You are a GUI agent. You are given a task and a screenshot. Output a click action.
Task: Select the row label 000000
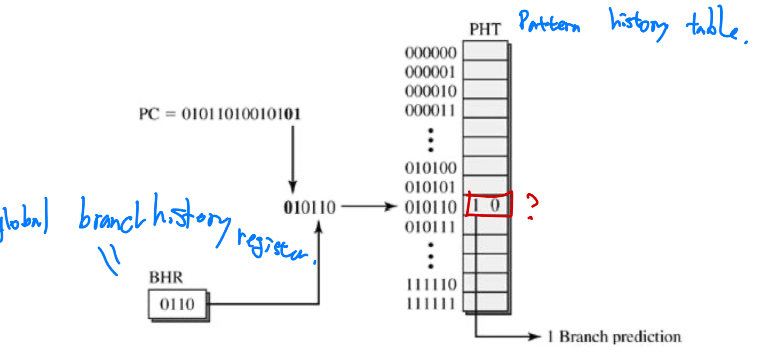pyautogui.click(x=431, y=53)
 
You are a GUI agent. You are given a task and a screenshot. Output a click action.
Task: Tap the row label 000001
pyautogui.click(x=431, y=72)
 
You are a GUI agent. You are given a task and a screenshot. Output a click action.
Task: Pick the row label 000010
pyautogui.click(x=431, y=91)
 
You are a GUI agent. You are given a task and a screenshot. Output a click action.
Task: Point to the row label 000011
pyautogui.click(x=431, y=111)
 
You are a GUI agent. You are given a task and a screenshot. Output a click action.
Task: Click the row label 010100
pyautogui.click(x=431, y=168)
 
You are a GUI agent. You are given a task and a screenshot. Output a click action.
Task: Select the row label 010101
pyautogui.click(x=431, y=188)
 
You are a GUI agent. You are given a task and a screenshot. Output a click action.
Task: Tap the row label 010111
pyautogui.click(x=431, y=228)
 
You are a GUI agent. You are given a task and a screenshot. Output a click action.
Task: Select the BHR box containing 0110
pyautogui.click(x=178, y=305)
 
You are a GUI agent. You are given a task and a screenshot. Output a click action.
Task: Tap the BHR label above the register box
pyautogui.click(x=166, y=278)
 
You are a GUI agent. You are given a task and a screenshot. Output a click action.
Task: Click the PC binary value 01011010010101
pyautogui.click(x=241, y=114)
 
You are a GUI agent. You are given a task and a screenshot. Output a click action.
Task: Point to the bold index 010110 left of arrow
pyautogui.click(x=310, y=208)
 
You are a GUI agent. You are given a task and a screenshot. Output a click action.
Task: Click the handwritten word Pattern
pyautogui.click(x=549, y=22)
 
